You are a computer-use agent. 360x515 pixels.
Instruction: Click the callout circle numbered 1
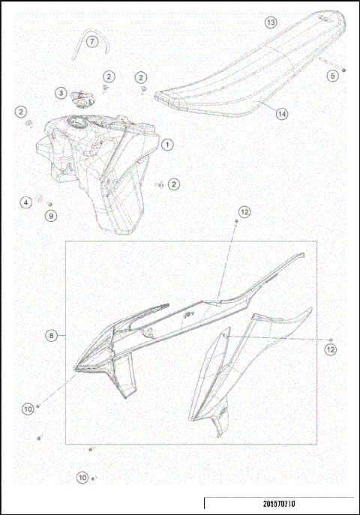pyautogui.click(x=166, y=143)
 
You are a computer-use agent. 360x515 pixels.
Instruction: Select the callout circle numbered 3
pyautogui.click(x=60, y=93)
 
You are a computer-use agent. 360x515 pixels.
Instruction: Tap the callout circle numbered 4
pyautogui.click(x=25, y=202)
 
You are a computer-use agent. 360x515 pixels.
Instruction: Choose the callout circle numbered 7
pyautogui.click(x=91, y=41)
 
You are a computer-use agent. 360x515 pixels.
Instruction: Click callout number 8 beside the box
pyautogui.click(x=51, y=337)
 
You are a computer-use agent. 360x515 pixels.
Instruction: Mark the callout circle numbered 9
pyautogui.click(x=51, y=216)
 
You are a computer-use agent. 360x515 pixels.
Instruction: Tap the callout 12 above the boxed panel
pyautogui.click(x=244, y=212)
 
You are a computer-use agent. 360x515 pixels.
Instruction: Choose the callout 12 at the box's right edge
pyautogui.click(x=331, y=349)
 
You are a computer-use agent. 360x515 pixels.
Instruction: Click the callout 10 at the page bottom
pyautogui.click(x=82, y=477)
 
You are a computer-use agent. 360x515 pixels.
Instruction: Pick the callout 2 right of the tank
pyautogui.click(x=174, y=183)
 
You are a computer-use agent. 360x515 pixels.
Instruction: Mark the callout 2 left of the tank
pyautogui.click(x=20, y=112)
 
